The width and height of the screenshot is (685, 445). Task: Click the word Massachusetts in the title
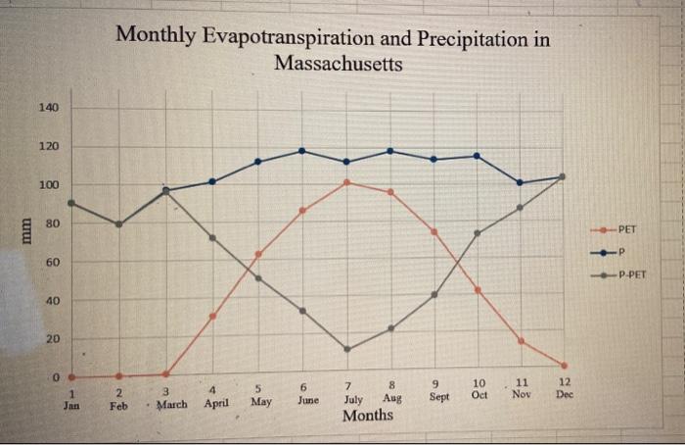[338, 65]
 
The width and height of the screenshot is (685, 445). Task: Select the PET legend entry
[627, 229]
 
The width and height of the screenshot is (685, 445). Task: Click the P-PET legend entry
[632, 275]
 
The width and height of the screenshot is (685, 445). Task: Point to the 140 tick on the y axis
[49, 107]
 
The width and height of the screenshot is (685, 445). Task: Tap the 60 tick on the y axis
[51, 263]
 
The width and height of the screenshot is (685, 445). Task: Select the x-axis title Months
[368, 415]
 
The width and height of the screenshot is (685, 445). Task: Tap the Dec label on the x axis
[564, 394]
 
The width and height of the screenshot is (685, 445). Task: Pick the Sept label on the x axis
[439, 397]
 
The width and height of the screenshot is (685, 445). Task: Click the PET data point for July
[347, 182]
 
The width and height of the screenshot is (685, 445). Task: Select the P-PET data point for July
[347, 349]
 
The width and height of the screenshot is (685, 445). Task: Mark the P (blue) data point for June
[301, 151]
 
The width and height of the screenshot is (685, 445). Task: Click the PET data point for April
[212, 316]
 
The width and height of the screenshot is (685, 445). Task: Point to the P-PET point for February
[119, 224]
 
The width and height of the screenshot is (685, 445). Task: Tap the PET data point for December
[565, 366]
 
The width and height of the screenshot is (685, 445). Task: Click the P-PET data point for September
[434, 294]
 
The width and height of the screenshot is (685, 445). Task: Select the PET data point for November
[521, 341]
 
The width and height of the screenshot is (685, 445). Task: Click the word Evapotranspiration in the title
[297, 38]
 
